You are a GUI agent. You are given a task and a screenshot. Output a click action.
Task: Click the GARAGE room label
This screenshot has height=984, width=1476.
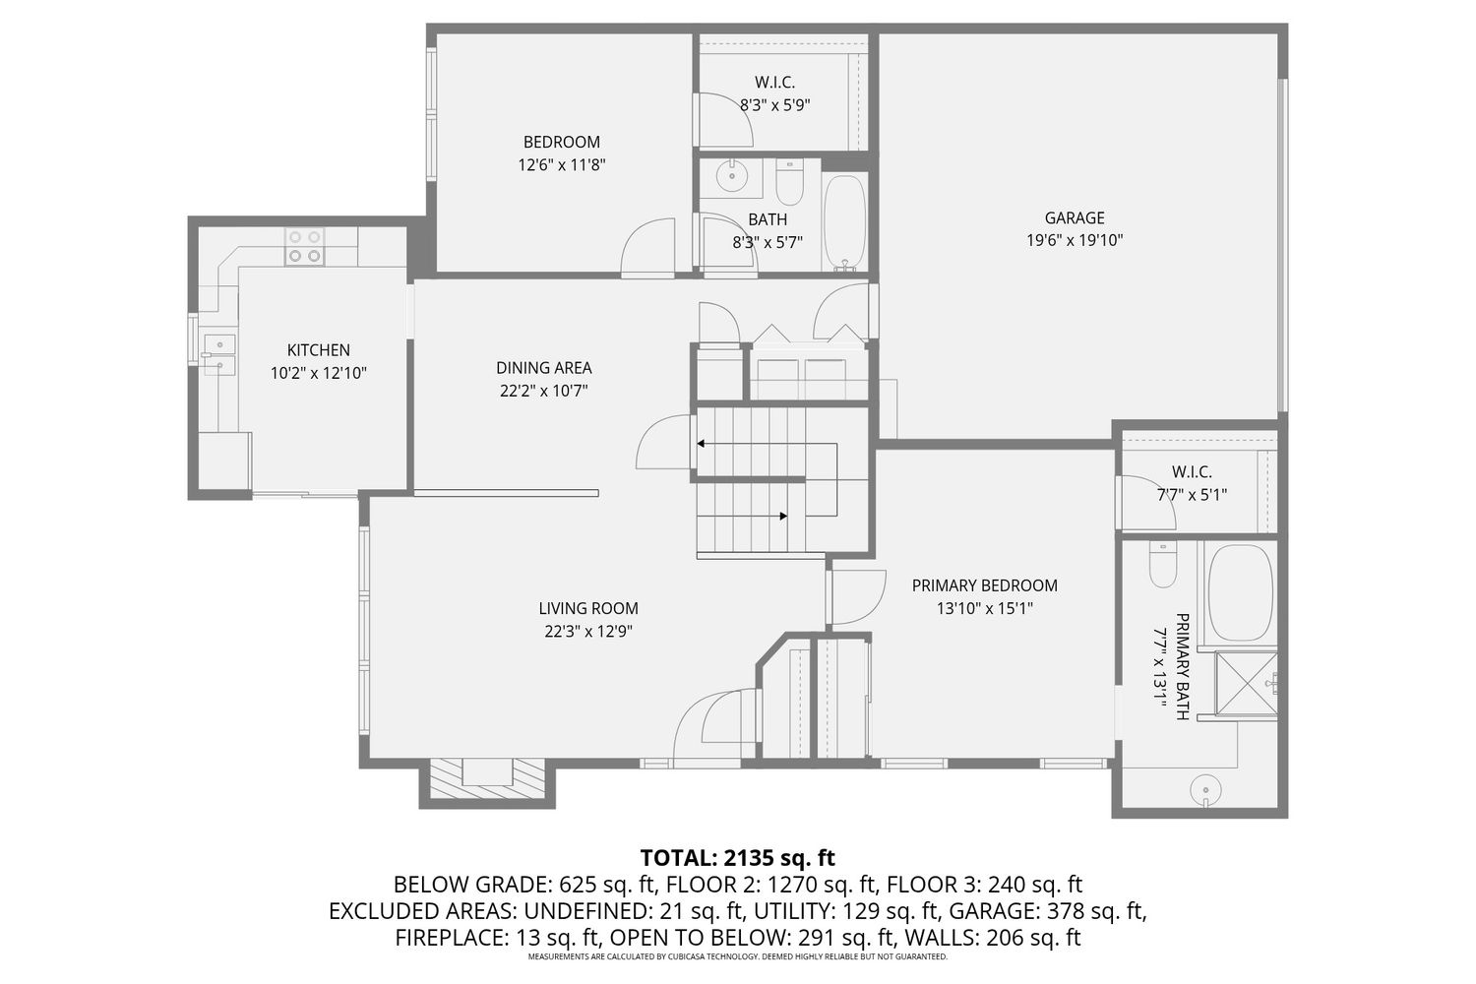(1075, 217)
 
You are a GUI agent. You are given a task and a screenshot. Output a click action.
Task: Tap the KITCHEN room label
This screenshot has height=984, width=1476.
(318, 350)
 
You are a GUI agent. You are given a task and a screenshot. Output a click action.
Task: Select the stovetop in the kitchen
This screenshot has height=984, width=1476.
(304, 247)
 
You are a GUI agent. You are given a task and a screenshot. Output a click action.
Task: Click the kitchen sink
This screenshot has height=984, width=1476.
(218, 354)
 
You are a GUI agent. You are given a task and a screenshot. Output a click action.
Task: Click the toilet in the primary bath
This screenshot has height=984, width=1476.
(1162, 564)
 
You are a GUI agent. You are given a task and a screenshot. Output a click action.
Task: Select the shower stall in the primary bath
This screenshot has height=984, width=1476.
(1246, 684)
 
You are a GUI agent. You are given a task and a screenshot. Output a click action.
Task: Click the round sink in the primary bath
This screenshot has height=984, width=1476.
(1205, 789)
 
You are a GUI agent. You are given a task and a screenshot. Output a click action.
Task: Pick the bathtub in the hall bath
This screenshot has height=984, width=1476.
(844, 222)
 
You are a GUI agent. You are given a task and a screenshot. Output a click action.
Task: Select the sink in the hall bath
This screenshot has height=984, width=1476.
(731, 176)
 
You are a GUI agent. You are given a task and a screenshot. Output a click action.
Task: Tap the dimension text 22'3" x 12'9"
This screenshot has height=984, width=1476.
(588, 632)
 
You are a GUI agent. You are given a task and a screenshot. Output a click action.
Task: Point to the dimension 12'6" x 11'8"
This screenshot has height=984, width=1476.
(562, 164)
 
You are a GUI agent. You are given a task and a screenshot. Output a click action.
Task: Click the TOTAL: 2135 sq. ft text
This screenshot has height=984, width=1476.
(738, 857)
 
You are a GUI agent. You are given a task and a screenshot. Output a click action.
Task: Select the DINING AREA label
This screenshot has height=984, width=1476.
(543, 368)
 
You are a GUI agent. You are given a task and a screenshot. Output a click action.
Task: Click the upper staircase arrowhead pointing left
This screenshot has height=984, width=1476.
(701, 444)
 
